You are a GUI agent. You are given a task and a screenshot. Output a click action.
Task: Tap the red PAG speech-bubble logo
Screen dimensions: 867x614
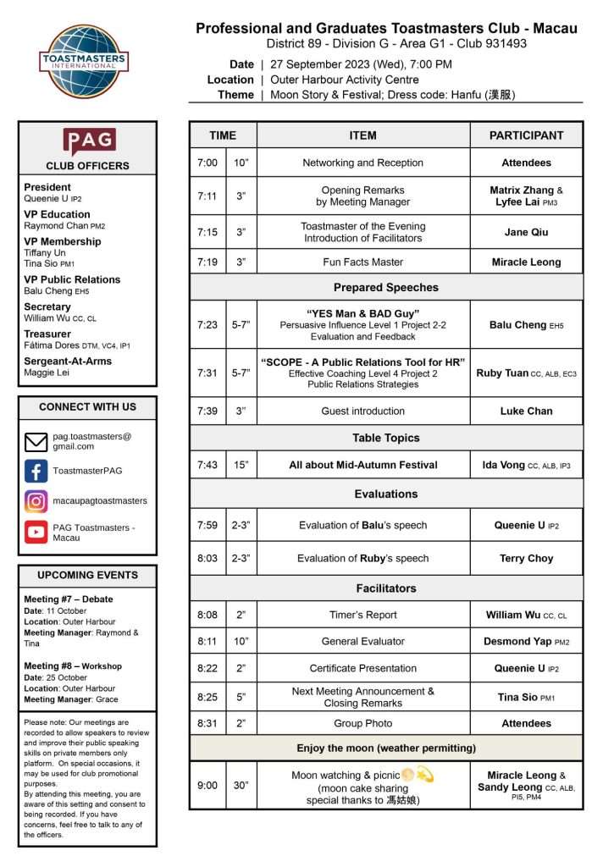click(88, 141)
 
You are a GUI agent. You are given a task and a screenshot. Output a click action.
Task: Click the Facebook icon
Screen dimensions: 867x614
click(36, 471)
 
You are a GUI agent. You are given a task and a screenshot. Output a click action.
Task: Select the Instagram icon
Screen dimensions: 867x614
click(36, 501)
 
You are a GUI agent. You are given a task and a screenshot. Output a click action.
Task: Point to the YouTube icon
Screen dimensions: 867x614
click(36, 533)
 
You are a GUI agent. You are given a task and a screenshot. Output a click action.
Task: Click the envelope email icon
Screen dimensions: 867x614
click(36, 441)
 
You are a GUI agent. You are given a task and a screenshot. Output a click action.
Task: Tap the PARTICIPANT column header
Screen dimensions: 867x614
click(526, 135)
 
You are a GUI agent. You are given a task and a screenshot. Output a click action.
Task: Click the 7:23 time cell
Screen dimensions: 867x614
click(207, 324)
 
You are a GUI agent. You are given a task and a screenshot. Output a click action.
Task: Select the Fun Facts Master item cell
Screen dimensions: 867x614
click(362, 262)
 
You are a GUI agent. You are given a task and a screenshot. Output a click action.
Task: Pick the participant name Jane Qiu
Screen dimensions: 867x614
click(526, 232)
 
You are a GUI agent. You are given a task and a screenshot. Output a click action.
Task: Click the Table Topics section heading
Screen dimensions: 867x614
click(385, 438)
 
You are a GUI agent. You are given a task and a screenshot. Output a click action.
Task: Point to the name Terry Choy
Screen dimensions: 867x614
click(526, 559)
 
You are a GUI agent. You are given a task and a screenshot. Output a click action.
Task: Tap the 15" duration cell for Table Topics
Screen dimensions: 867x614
click(241, 465)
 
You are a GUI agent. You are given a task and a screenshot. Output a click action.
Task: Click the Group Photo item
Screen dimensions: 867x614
click(362, 724)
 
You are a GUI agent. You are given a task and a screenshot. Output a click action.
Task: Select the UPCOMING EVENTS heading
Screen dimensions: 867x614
click(87, 576)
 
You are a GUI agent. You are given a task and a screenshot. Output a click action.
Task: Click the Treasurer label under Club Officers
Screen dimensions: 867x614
click(47, 334)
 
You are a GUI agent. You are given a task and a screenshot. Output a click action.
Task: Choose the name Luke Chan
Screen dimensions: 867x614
click(526, 411)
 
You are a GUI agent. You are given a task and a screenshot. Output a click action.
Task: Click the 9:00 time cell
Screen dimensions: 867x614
click(207, 786)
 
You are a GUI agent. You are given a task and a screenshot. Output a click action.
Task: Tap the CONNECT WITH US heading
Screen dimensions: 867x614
click(87, 407)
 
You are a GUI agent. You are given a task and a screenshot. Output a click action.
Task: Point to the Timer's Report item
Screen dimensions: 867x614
click(362, 616)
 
